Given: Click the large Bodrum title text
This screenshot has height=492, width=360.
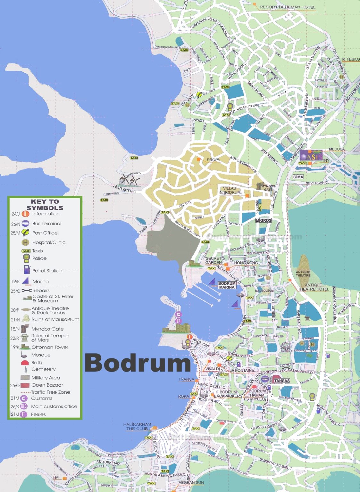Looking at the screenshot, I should point(138,363).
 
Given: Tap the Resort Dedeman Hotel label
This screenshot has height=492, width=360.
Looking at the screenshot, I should point(287,7).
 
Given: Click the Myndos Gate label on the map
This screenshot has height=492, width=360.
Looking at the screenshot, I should point(268,188).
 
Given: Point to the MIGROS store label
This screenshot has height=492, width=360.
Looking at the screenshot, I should point(264,220).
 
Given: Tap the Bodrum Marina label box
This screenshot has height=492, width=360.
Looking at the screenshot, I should point(227,285).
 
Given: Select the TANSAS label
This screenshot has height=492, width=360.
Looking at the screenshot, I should point(282,381).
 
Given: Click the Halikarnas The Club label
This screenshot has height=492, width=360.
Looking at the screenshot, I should point(137,426).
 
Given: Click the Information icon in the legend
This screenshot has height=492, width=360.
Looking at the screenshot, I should point(25,214).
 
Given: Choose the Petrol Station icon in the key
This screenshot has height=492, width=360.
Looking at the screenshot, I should point(26,270).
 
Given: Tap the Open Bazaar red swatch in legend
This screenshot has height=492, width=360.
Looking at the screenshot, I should point(25,385).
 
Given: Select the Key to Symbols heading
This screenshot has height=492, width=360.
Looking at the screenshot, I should point(45,205).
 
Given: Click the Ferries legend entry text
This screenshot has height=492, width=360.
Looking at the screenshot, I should point(38,414).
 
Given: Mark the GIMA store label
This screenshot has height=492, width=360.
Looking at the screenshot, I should point(298,177).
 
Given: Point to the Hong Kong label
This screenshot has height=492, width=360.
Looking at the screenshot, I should point(246,263).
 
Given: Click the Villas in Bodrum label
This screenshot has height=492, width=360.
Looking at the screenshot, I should point(230,190).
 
